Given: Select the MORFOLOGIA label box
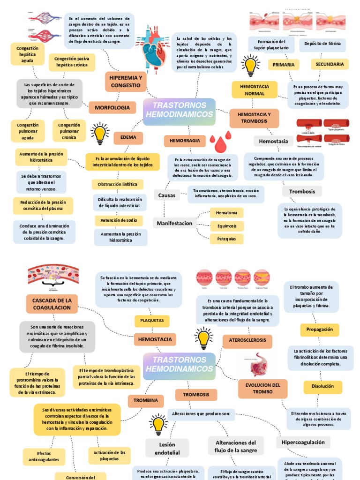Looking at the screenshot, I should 112,108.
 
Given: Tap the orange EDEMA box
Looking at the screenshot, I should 128,138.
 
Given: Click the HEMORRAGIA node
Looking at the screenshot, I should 185,141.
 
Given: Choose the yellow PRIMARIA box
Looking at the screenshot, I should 283,65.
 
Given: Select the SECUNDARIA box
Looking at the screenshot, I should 329,64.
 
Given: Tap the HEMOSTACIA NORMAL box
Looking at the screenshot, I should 254,90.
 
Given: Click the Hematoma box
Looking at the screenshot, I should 226,213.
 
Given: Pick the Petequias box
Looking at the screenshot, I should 226,239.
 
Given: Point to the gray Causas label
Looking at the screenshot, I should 166,195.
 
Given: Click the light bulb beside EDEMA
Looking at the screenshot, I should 100,134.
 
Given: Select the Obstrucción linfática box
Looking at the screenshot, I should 117,184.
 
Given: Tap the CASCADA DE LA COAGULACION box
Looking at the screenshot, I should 52,304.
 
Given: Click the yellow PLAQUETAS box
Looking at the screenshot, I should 151,321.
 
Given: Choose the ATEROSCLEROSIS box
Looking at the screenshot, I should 247,339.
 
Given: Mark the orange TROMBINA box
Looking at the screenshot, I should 145,401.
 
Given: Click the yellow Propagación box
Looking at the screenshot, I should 319,330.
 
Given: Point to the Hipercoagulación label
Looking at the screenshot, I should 303,442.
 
